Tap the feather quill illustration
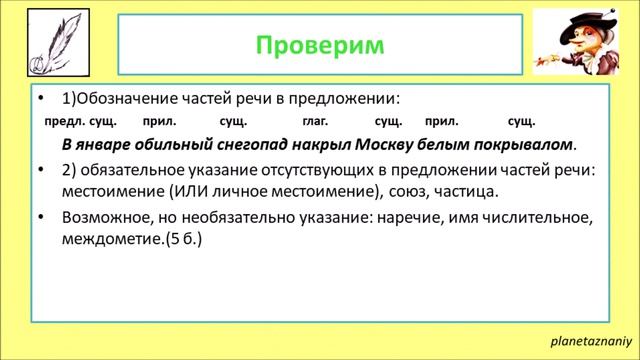[x=51, y=48]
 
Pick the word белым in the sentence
[x=444, y=144]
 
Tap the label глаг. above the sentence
[x=316, y=121]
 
